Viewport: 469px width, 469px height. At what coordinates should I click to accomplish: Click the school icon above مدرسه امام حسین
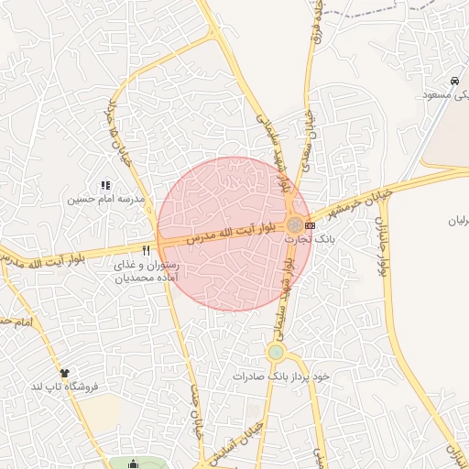click(105, 185)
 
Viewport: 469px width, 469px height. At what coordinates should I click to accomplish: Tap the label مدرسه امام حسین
click(105, 198)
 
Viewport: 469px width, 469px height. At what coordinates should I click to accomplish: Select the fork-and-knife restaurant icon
click(145, 250)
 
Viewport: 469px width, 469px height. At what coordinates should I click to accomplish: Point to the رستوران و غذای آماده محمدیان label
click(146, 270)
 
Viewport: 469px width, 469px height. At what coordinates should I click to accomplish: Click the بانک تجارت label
click(310, 238)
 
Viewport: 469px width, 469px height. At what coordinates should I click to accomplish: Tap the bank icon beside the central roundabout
click(310, 225)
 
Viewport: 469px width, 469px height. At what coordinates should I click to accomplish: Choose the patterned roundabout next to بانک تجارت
click(293, 224)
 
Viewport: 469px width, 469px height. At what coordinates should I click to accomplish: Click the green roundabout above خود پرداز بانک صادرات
click(276, 352)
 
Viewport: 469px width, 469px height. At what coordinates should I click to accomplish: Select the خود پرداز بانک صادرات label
click(280, 376)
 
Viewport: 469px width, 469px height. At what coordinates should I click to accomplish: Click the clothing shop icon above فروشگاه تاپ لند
click(64, 373)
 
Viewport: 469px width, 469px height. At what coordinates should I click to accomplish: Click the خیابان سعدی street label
click(311, 131)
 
